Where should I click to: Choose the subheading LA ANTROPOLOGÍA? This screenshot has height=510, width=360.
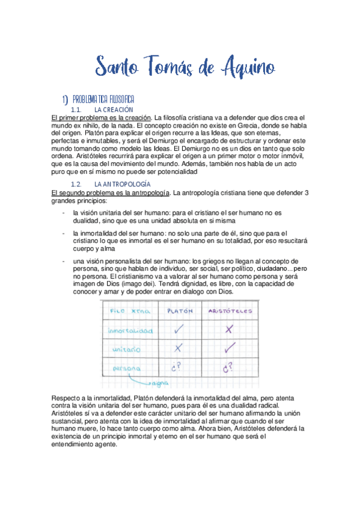point(123,183)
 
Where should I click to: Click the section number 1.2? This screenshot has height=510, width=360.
point(76,183)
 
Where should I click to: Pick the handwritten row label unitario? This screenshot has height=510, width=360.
point(124,349)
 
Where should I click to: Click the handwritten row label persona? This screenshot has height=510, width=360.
point(123,367)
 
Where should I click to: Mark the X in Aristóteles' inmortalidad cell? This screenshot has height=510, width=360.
point(228,330)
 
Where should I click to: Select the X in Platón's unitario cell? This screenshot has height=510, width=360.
point(178,348)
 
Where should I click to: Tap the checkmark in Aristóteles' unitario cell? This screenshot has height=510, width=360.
point(228,348)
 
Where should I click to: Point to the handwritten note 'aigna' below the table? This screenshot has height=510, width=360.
point(160,382)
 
